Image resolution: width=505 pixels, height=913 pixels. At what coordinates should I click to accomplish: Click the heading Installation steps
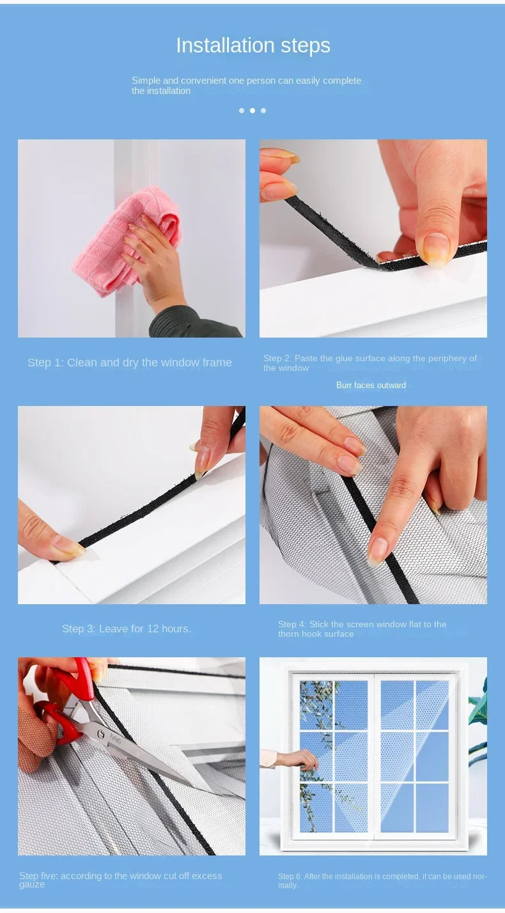click(252, 45)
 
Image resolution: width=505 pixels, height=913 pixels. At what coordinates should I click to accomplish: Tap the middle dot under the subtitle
click(252, 111)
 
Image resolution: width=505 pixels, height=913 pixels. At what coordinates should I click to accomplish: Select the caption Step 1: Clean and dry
click(129, 363)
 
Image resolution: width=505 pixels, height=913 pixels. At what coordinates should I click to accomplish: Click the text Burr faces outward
click(371, 386)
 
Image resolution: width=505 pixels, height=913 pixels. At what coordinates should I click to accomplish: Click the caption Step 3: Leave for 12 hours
click(127, 629)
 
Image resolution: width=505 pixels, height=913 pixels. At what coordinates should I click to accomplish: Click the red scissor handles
click(67, 697)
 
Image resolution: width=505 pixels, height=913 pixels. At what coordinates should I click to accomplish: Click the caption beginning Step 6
click(382, 880)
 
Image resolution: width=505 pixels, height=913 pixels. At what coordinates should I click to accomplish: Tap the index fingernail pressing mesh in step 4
click(378, 550)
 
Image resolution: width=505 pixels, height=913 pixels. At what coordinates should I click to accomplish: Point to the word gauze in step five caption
click(32, 884)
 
